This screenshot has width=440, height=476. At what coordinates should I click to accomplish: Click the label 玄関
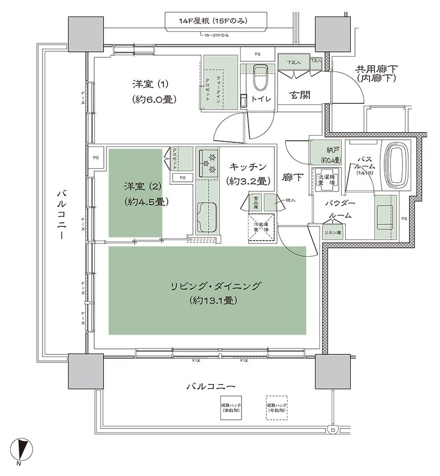tap(300, 95)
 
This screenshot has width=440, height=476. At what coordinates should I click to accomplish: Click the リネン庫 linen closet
tap(333, 232)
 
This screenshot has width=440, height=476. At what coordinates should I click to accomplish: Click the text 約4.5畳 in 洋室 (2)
tap(146, 202)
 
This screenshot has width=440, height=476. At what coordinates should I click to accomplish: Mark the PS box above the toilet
tap(258, 54)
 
